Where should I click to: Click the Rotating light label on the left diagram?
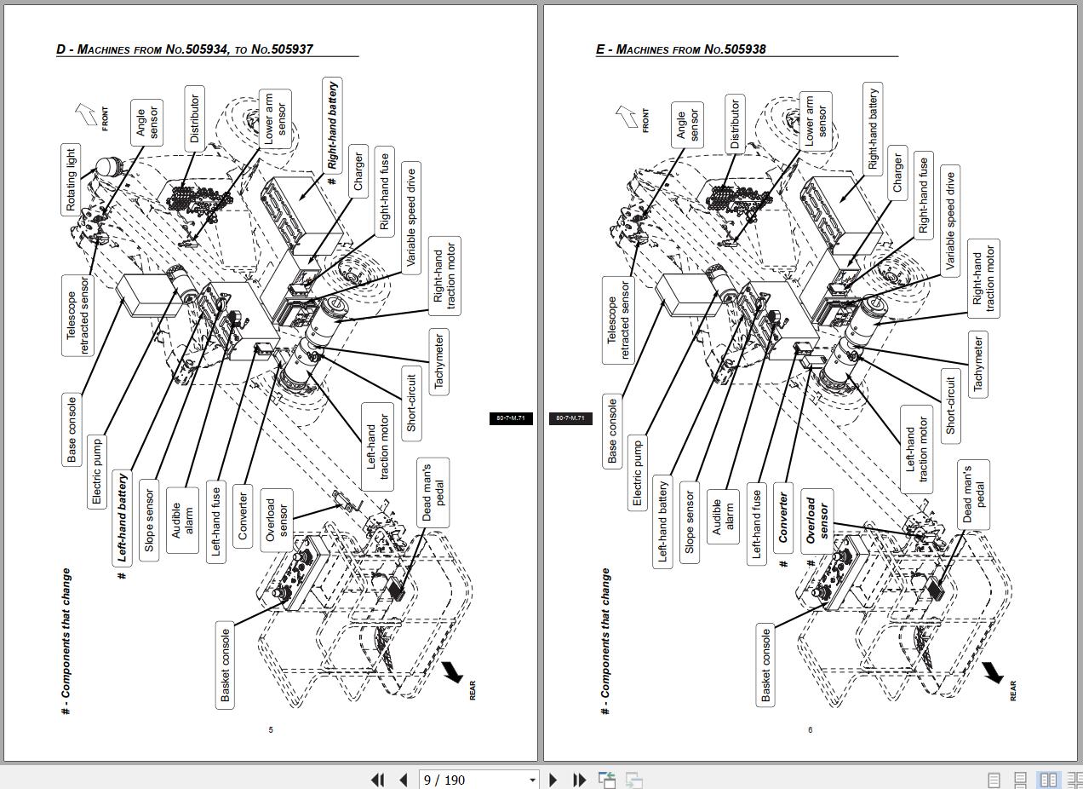coord(71,180)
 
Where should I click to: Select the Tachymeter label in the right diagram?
coord(978,365)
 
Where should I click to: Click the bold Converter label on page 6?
coord(783,517)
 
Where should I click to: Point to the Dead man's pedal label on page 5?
coord(433,492)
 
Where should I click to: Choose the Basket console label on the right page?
coord(765,665)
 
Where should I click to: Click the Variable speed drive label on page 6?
coord(950,221)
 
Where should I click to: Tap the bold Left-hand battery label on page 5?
coord(122,517)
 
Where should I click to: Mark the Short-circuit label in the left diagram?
coord(411,404)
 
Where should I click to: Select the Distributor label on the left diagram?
coord(194,118)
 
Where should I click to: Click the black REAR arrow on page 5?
coord(453,671)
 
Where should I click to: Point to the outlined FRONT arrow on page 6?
coord(627,117)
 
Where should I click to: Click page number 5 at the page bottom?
coord(271,729)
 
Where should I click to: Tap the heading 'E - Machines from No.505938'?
coord(681,49)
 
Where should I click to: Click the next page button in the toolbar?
coord(553,780)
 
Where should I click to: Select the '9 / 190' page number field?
coord(478,780)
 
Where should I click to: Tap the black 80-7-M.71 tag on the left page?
coord(511,418)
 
